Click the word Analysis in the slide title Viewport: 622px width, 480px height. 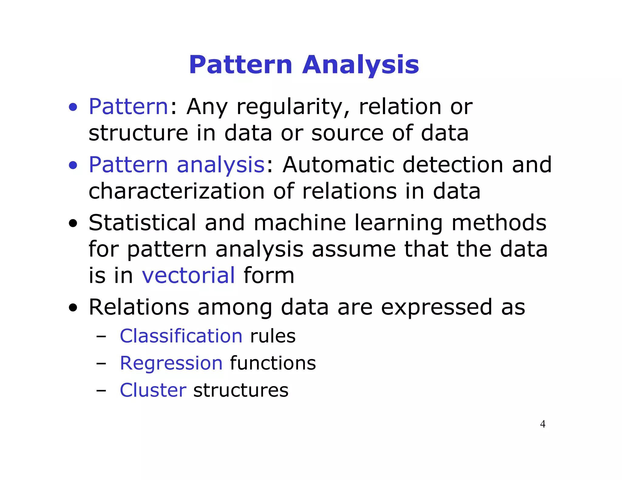(361, 65)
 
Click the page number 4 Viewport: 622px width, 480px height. (542, 424)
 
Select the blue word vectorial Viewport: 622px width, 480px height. (188, 275)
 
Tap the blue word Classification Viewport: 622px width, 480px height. (181, 336)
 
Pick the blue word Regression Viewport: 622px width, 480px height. (171, 363)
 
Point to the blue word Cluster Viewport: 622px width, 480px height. (153, 390)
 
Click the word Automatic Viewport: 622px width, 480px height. (338, 165)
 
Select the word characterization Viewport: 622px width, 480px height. (176, 191)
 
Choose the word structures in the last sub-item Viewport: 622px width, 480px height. (241, 390)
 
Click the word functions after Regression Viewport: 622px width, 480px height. (273, 363)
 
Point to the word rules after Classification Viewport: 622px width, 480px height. (272, 336)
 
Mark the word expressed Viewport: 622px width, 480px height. (436, 307)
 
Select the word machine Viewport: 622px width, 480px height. (299, 223)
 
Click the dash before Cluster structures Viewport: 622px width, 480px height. (101, 391)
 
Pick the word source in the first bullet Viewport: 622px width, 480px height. (347, 134)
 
